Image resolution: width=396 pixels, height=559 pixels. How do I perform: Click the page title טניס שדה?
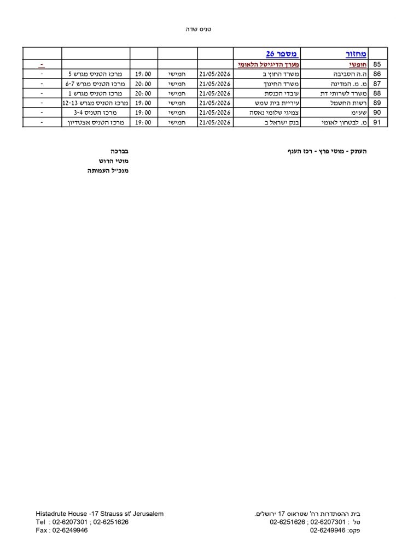(x=198, y=29)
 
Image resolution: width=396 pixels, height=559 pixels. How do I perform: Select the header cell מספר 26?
(x=281, y=53)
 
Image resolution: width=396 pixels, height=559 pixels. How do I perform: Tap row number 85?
(x=376, y=64)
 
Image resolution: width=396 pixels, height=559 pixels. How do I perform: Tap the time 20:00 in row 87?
(x=143, y=84)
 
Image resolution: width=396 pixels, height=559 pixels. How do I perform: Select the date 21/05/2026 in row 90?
(x=216, y=113)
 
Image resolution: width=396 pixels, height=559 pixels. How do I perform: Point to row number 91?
(x=376, y=123)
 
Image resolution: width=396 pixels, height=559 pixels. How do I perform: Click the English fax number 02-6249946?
(x=70, y=530)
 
